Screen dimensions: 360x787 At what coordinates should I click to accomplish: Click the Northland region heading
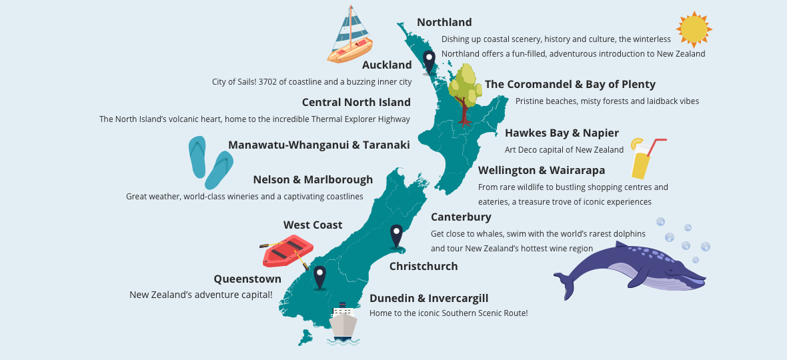pyautogui.click(x=444, y=23)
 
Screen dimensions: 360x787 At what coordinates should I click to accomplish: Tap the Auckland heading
pyautogui.click(x=387, y=65)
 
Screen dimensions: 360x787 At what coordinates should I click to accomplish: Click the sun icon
pyautogui.click(x=694, y=30)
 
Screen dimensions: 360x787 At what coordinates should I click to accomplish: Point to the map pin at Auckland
pyautogui.click(x=429, y=61)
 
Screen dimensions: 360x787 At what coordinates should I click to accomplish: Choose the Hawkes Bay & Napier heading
pyautogui.click(x=562, y=133)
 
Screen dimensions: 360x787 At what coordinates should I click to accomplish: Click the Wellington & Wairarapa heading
pyautogui.click(x=542, y=171)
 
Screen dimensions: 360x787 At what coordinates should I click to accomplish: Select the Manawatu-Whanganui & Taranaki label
pyautogui.click(x=319, y=145)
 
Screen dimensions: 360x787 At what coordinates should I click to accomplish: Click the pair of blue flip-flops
pyautogui.click(x=209, y=162)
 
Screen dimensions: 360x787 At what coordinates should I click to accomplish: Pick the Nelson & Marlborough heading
pyautogui.click(x=313, y=180)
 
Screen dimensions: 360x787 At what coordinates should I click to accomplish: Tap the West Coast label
pyautogui.click(x=313, y=225)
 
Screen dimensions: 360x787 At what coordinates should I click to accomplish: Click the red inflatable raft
pyautogui.click(x=287, y=251)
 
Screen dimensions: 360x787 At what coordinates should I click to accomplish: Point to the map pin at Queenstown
pyautogui.click(x=320, y=276)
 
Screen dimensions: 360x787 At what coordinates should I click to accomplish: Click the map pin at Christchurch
pyautogui.click(x=397, y=235)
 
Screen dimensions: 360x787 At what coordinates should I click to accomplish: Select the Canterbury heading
pyautogui.click(x=461, y=217)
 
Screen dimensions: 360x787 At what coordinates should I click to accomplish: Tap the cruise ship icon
pyautogui.click(x=343, y=323)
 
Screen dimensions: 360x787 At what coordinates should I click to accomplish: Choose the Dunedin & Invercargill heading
pyautogui.click(x=429, y=299)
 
